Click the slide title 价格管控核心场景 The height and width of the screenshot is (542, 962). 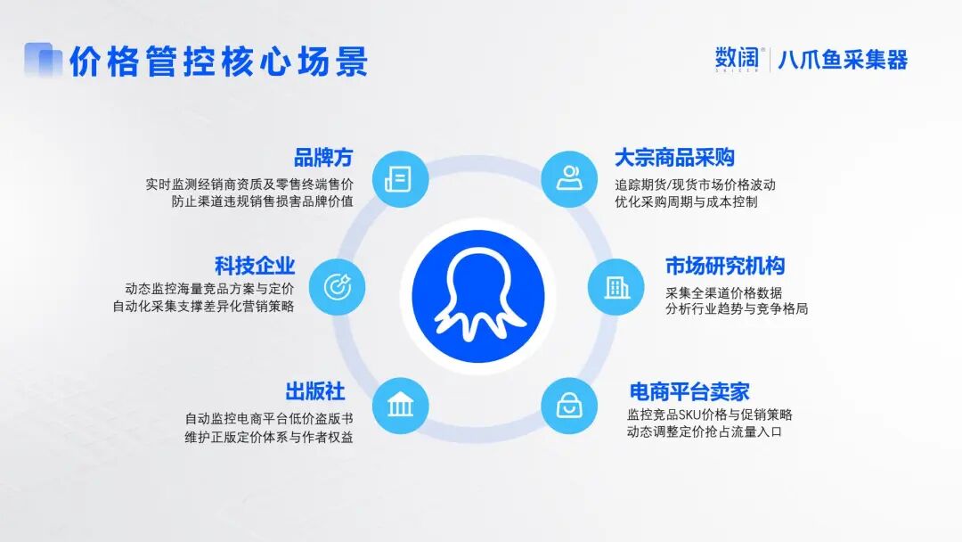pyautogui.click(x=218, y=62)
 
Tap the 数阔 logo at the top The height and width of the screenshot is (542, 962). pyautogui.click(x=737, y=60)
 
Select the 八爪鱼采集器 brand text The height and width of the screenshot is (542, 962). pyautogui.click(x=843, y=61)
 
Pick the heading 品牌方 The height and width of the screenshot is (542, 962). pyautogui.click(x=323, y=158)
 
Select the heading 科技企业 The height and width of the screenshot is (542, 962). pyautogui.click(x=255, y=266)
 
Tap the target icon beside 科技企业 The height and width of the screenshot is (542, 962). pyautogui.click(x=337, y=286)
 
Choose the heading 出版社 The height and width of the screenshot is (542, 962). pyautogui.click(x=315, y=391)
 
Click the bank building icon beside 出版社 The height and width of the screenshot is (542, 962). pyautogui.click(x=400, y=406)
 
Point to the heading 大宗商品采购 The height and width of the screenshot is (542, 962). pyautogui.click(x=674, y=158)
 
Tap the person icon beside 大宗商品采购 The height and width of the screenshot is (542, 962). pyautogui.click(x=567, y=178)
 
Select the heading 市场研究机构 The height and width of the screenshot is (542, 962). pyautogui.click(x=725, y=266)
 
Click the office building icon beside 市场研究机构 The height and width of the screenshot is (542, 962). pyautogui.click(x=616, y=286)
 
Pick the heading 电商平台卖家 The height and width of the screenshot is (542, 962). pyautogui.click(x=689, y=391)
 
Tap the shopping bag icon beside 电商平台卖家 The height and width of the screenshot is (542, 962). pyautogui.click(x=567, y=406)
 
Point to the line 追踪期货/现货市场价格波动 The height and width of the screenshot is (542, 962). pyautogui.click(x=695, y=185)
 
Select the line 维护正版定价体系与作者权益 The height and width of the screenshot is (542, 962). pyautogui.click(x=268, y=437)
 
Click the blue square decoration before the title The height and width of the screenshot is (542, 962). pyautogui.click(x=42, y=60)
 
